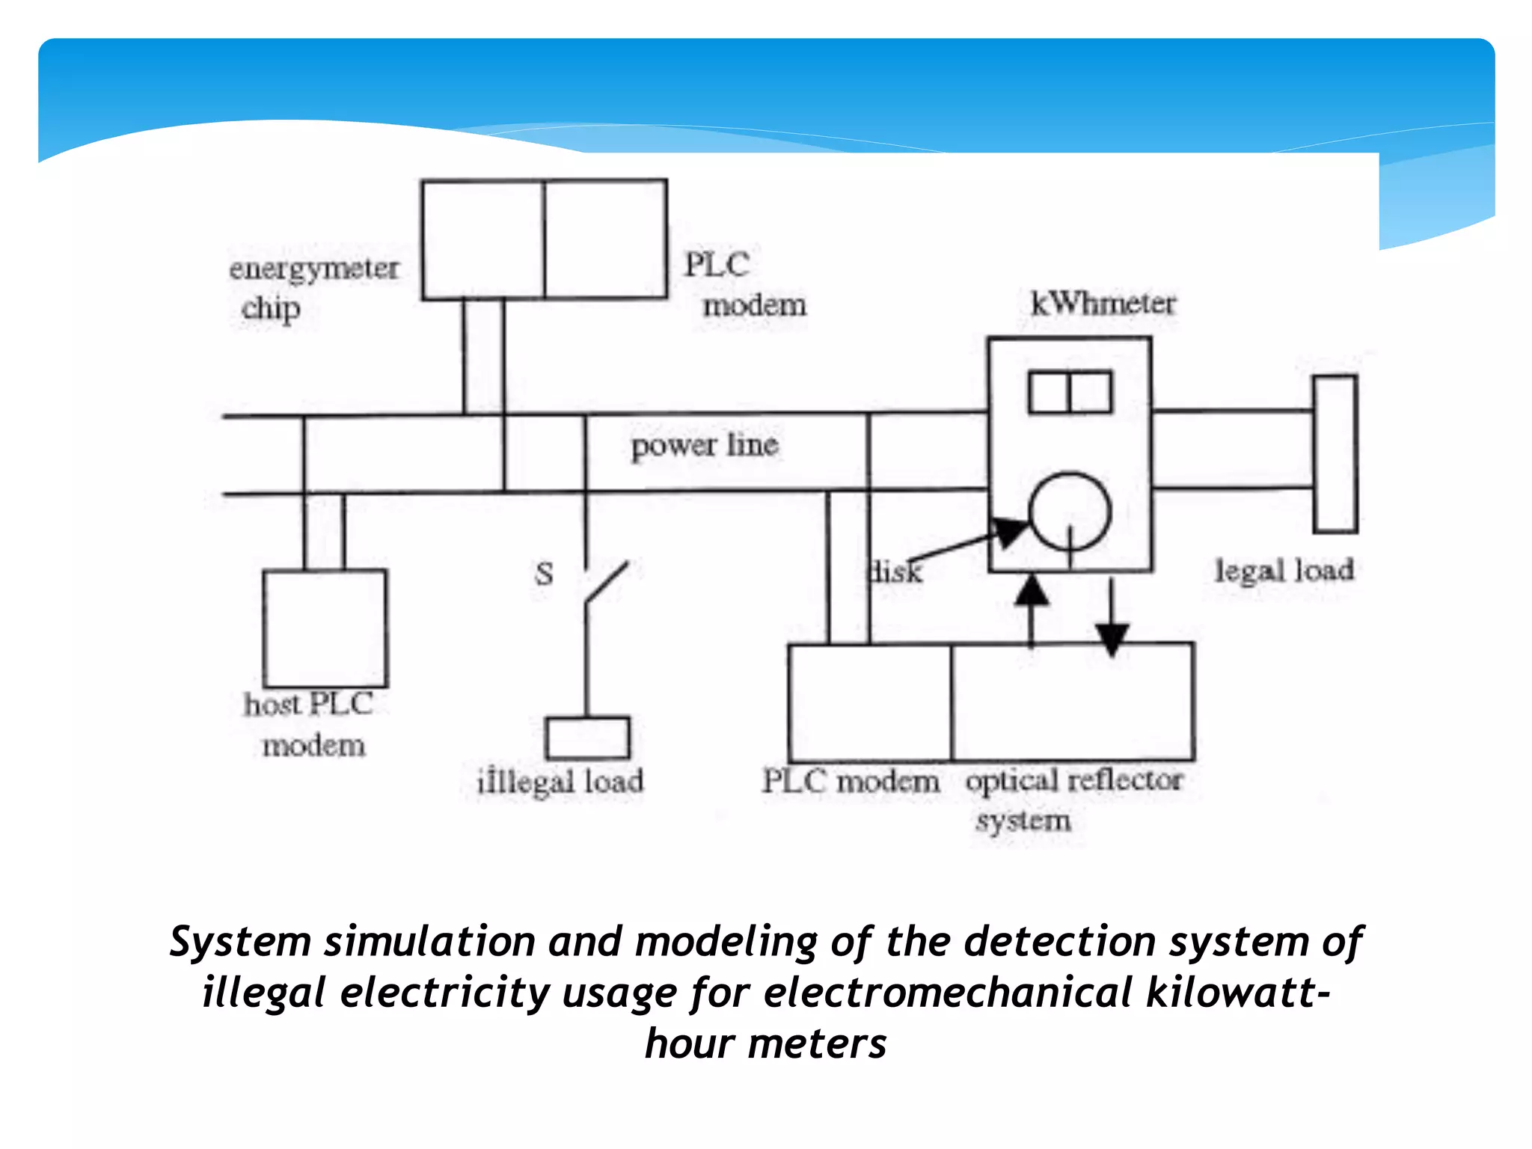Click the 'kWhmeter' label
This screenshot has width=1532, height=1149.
1103,304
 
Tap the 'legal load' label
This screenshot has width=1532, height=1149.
1284,571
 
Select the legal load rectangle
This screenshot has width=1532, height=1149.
1335,454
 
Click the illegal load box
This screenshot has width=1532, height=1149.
587,738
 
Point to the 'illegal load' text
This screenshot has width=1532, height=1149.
560,782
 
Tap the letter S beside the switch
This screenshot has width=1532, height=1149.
544,574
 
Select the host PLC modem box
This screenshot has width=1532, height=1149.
325,628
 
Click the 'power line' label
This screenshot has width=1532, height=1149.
704,446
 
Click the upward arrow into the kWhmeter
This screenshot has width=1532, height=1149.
1032,591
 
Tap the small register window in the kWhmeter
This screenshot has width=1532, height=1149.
1070,392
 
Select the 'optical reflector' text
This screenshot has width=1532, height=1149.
1073,780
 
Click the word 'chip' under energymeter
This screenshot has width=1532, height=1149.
270,308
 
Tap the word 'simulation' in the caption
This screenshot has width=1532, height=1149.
429,941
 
